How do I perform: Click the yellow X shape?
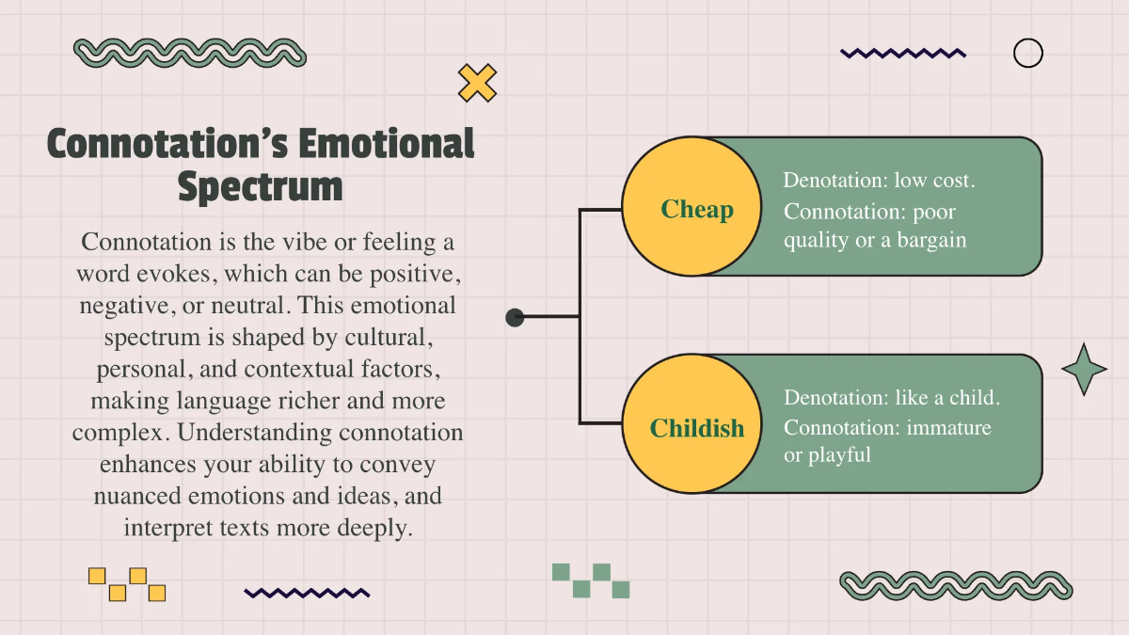tap(477, 83)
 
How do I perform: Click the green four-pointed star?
tap(1084, 370)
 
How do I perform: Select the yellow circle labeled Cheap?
tap(692, 207)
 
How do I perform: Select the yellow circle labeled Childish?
tap(692, 424)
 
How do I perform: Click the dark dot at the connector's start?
tap(515, 318)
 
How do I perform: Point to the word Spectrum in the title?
tap(260, 186)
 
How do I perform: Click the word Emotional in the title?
tap(386, 143)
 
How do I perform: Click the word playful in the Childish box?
tap(839, 455)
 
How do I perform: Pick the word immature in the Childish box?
tap(948, 428)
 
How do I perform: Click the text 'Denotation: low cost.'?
tap(879, 180)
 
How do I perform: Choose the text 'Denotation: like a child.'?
tap(892, 398)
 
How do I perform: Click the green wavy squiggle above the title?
tap(189, 53)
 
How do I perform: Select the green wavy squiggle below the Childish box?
tap(956, 585)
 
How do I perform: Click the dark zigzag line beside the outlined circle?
tap(903, 53)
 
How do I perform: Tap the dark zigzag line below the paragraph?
tap(307, 593)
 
